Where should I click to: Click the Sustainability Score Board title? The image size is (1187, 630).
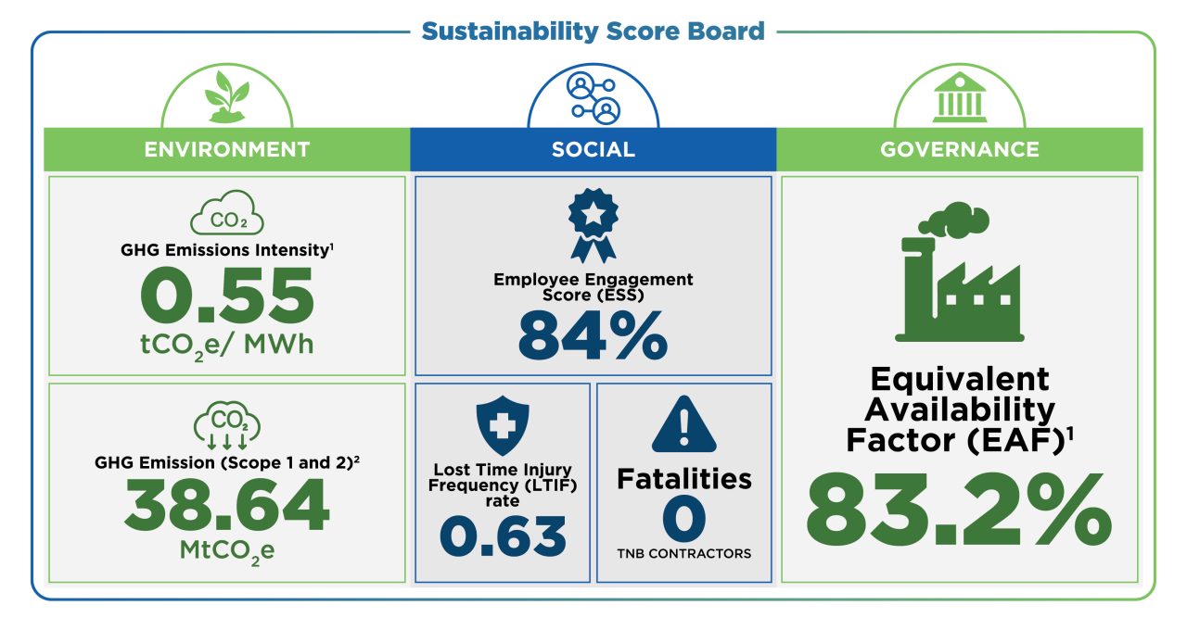(593, 31)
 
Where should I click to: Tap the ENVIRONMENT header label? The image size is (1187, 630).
(226, 149)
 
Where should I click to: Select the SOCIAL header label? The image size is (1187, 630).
(593, 149)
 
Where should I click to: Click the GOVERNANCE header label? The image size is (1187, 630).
(960, 149)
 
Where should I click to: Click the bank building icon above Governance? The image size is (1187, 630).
(960, 98)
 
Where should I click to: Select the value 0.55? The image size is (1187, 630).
(226, 296)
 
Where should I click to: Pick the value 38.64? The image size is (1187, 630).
(226, 506)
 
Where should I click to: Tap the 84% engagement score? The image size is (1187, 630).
(593, 335)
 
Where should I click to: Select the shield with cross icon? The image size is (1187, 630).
(502, 425)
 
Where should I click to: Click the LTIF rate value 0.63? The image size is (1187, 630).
(502, 537)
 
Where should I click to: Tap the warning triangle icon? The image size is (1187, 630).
(683, 425)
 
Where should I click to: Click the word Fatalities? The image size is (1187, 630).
(684, 479)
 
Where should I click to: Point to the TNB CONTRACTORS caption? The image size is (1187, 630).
(684, 554)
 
